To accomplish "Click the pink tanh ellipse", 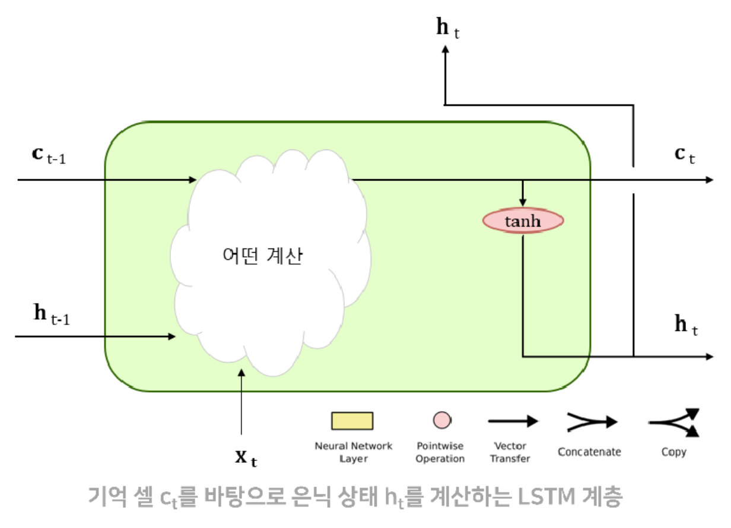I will click(x=523, y=221).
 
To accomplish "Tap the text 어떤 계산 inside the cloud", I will click(x=262, y=256).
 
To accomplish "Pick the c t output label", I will click(x=684, y=155).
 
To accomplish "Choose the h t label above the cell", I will click(x=447, y=29).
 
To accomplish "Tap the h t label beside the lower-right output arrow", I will click(x=686, y=325).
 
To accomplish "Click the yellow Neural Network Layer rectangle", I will click(x=352, y=421).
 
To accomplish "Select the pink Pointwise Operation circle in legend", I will click(x=440, y=419).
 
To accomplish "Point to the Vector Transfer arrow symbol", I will click(x=513, y=421).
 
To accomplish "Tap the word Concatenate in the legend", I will click(x=589, y=452).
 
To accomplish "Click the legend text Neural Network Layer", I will click(x=353, y=452).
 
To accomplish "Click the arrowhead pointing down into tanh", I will click(x=523, y=202).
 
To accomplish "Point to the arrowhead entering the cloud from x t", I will click(x=241, y=373).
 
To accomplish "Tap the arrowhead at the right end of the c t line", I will click(x=708, y=179).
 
